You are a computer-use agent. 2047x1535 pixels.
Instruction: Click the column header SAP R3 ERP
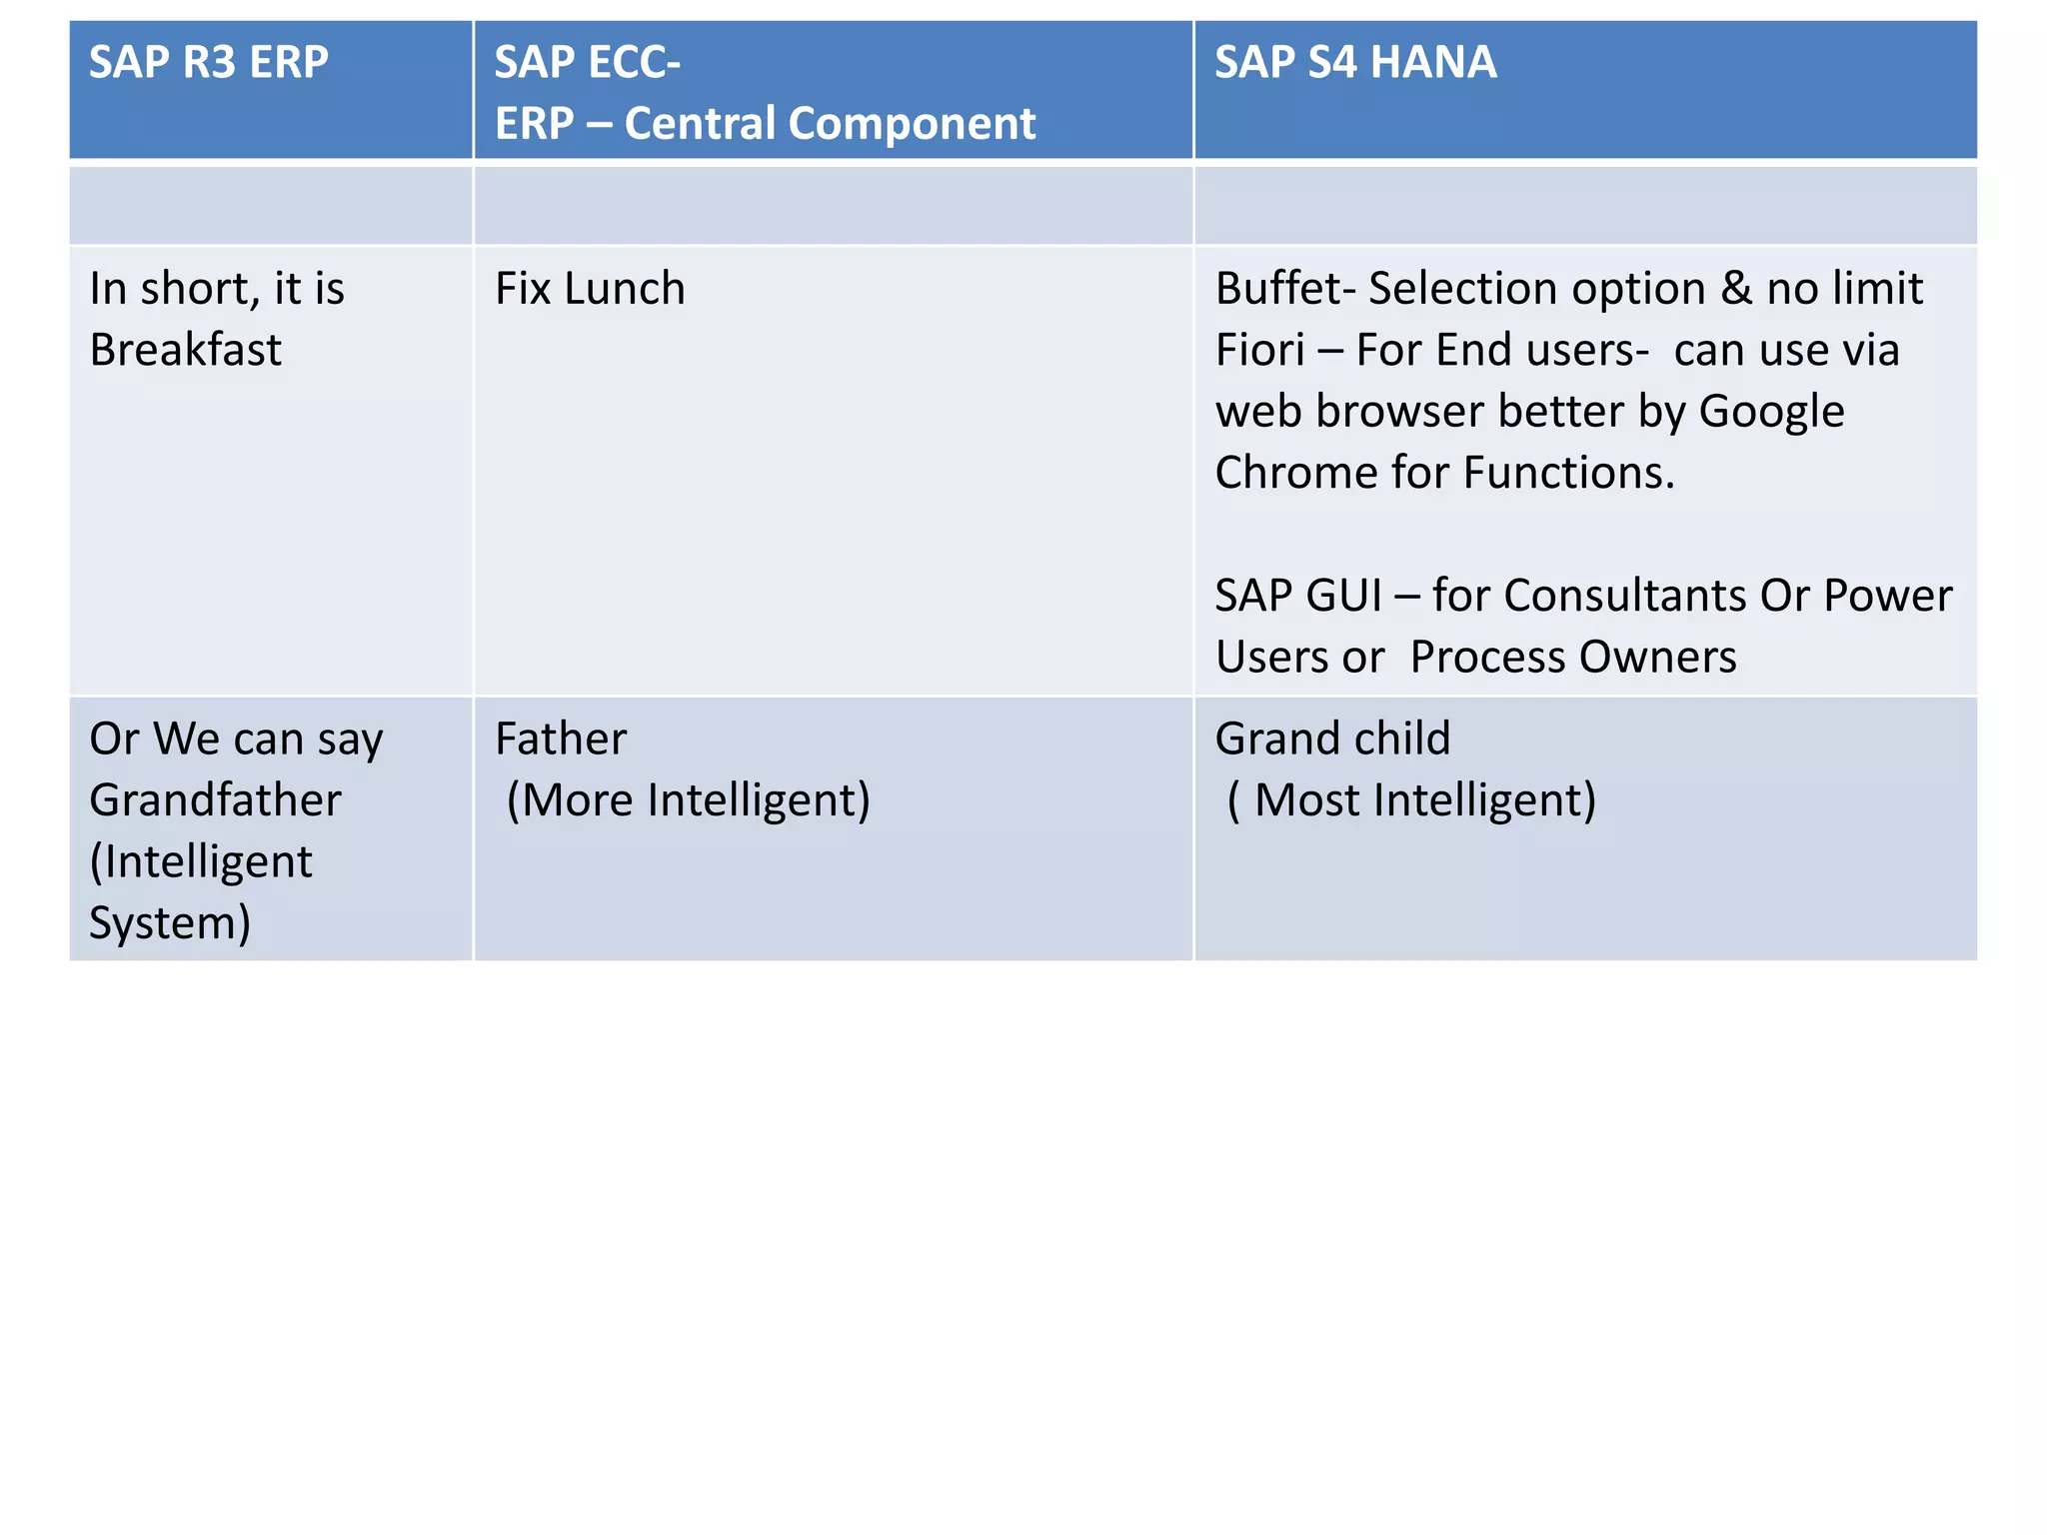coord(208,63)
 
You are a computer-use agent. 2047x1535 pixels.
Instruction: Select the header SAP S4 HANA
coord(1354,63)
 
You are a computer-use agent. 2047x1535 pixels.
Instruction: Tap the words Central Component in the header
coord(830,125)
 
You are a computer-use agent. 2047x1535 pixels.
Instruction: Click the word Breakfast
coord(186,351)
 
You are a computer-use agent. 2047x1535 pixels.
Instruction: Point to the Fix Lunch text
coord(590,290)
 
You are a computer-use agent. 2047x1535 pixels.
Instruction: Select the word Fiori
coord(1259,351)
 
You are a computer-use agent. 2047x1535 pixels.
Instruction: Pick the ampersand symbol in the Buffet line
coord(1736,290)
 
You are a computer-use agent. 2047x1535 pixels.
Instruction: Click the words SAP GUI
coord(1298,597)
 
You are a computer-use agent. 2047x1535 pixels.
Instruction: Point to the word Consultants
coord(1625,597)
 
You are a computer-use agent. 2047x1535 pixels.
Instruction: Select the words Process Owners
coord(1573,658)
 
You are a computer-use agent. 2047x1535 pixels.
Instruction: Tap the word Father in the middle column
coord(561,740)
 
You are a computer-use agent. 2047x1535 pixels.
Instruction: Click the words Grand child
coord(1332,740)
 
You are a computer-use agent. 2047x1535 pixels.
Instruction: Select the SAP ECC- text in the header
coord(587,63)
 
